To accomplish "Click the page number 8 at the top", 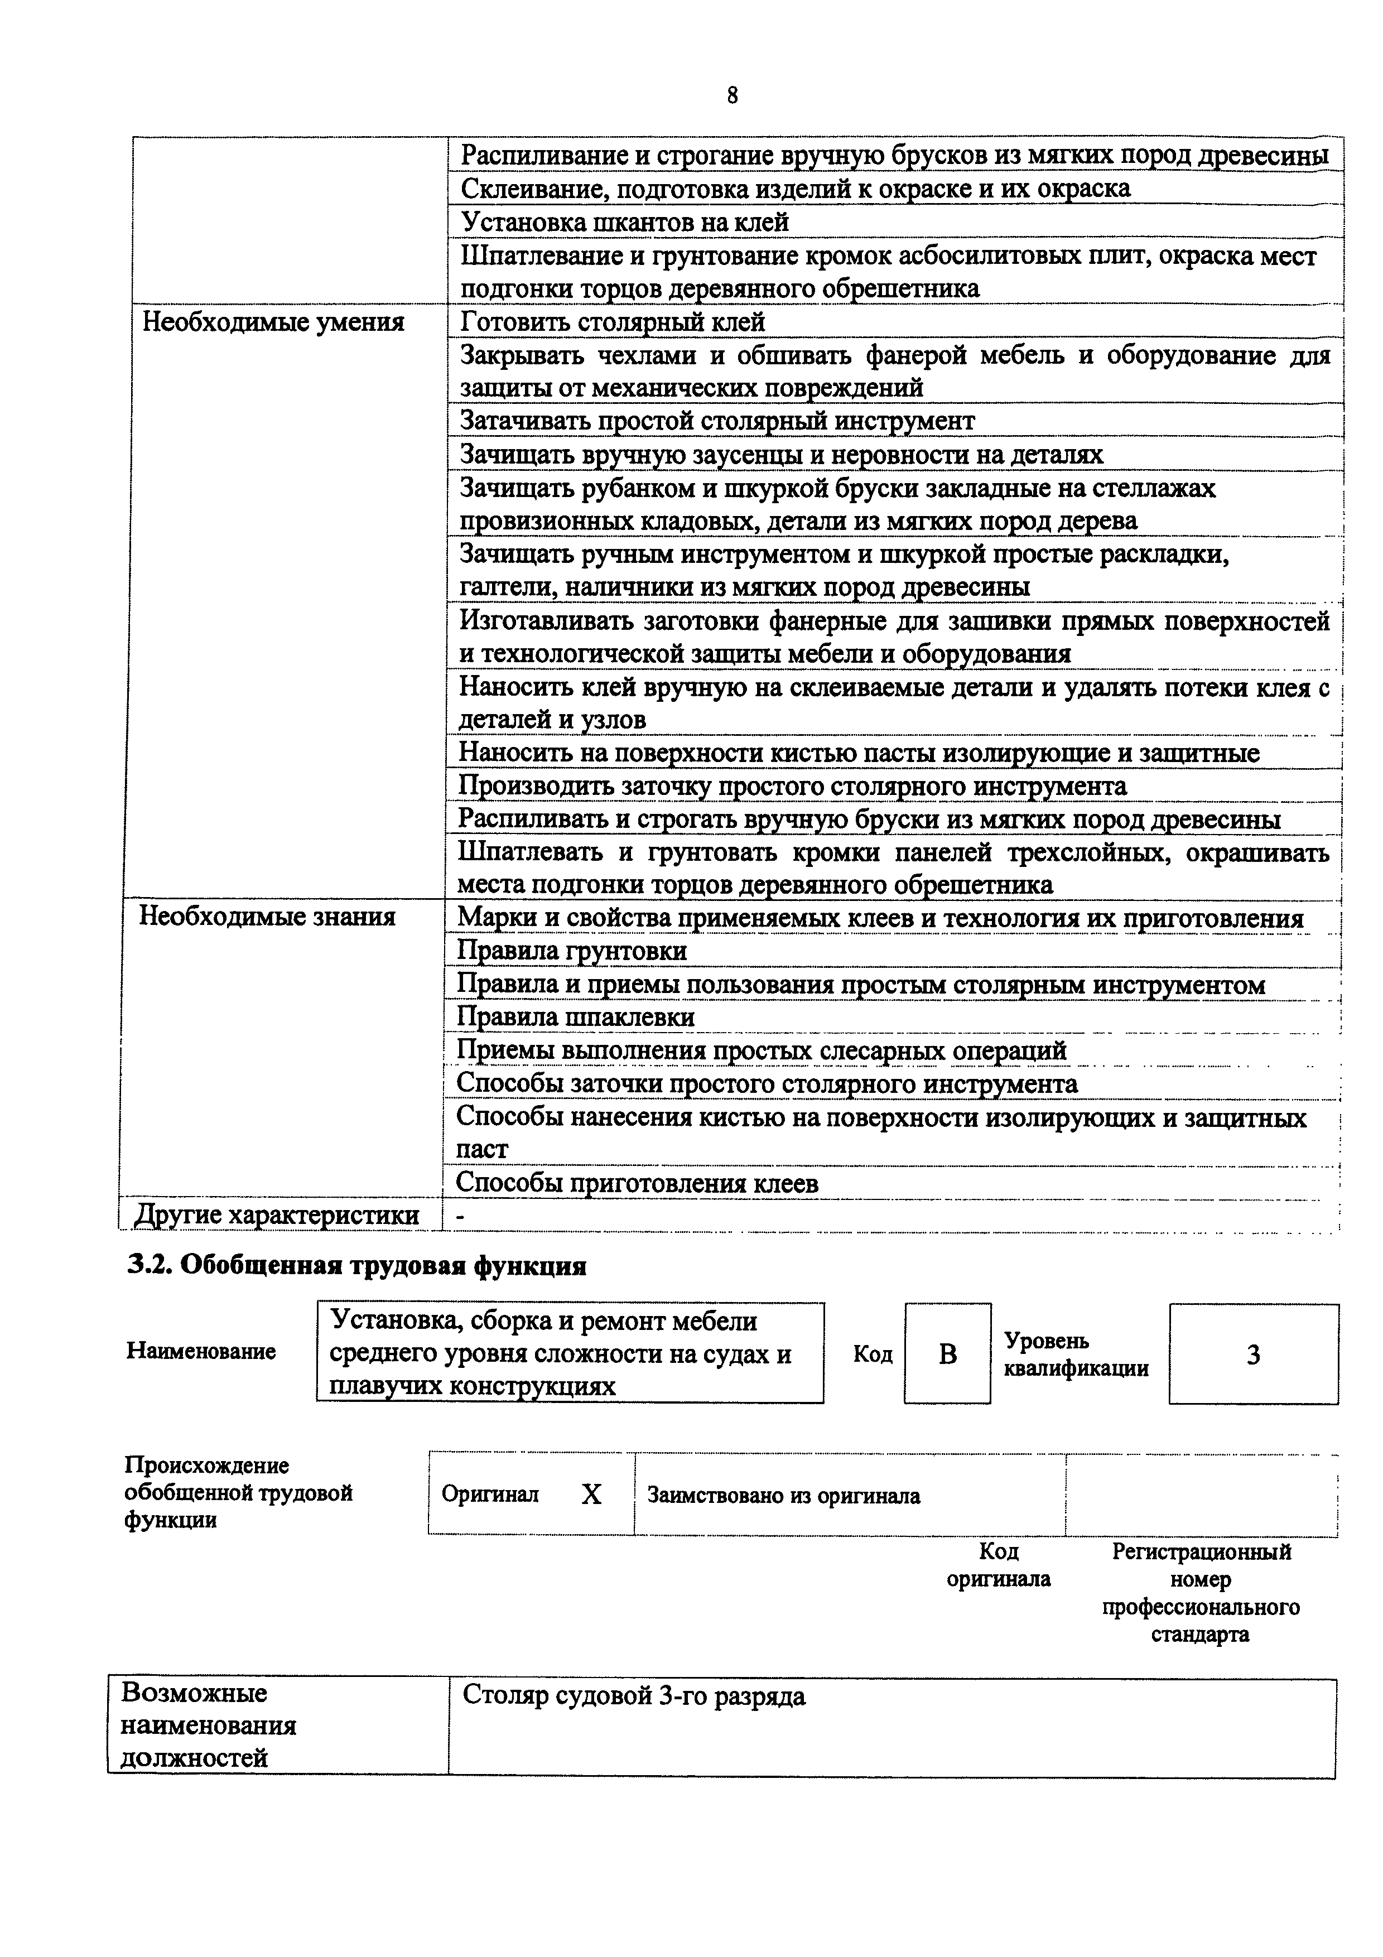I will pos(733,95).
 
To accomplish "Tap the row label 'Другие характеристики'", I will pos(277,1214).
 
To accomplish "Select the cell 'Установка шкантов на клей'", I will pos(625,223).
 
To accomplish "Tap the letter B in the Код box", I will pos(947,1355).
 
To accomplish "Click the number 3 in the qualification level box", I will pos(1252,1355).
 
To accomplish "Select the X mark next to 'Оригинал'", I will pos(591,1494).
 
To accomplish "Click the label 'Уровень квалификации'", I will pos(1076,1355).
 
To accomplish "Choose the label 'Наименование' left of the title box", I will pos(201,1352).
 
